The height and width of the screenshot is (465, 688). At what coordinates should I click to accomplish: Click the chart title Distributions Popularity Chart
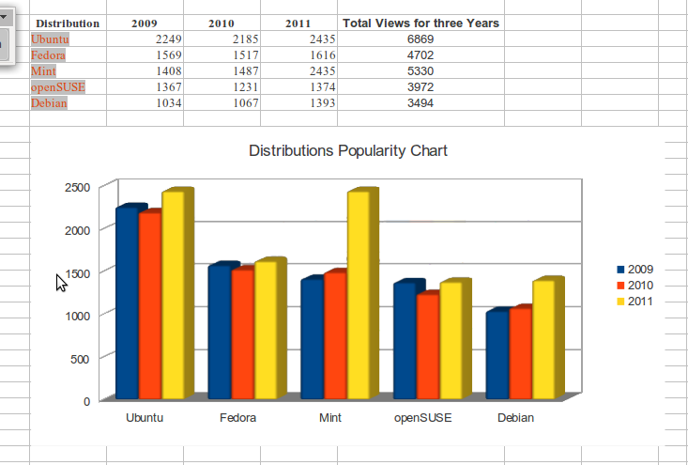click(x=347, y=150)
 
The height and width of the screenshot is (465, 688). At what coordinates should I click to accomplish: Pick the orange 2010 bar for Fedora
click(x=242, y=334)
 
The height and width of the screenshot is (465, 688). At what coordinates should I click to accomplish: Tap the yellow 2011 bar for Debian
click(x=518, y=339)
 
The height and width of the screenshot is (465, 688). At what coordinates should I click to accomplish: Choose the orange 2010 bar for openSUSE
click(x=427, y=347)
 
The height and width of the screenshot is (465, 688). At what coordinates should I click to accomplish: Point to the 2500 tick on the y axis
click(x=77, y=187)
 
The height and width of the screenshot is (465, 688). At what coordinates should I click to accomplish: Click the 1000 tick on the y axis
click(x=77, y=316)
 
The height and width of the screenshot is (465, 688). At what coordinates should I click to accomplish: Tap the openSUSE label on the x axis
click(x=423, y=418)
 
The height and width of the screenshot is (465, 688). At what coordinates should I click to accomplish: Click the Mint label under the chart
click(x=329, y=418)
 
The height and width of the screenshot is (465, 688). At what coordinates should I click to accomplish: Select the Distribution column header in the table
click(x=68, y=23)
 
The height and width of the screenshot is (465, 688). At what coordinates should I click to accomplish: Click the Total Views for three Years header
click(x=420, y=23)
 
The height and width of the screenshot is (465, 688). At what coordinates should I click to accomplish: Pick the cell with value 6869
click(x=420, y=39)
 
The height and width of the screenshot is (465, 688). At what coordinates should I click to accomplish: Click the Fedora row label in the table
click(x=48, y=55)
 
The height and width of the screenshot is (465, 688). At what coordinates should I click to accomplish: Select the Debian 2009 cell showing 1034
click(x=162, y=103)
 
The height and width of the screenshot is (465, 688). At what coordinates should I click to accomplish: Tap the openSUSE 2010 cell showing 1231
click(x=239, y=87)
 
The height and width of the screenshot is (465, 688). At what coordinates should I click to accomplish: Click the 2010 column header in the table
click(x=222, y=23)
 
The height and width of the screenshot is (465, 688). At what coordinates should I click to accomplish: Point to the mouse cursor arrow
click(x=60, y=282)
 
